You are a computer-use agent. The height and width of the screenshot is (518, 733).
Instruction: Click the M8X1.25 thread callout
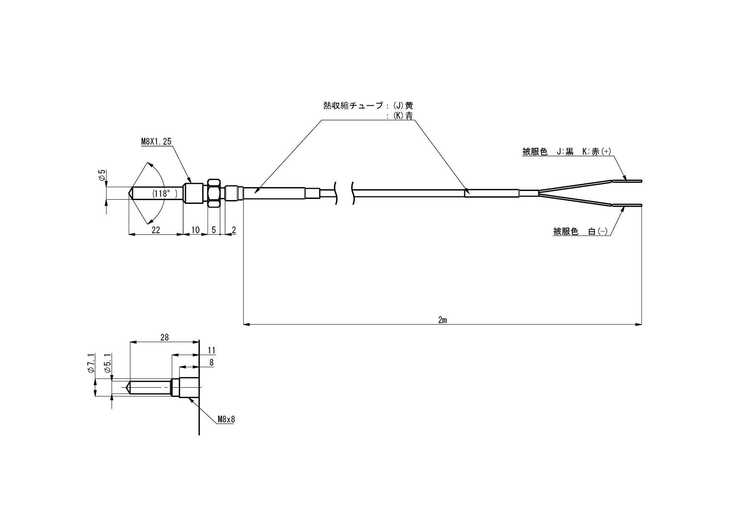[156, 142]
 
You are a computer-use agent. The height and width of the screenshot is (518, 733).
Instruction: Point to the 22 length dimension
[156, 230]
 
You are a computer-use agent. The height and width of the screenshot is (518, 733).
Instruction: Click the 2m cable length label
[443, 320]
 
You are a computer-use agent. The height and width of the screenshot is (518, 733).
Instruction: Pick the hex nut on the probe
[214, 193]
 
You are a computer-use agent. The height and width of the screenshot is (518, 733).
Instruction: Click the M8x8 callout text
[226, 419]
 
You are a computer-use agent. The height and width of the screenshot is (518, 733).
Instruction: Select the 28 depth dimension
[165, 338]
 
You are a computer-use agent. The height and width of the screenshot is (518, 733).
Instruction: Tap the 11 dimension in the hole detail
[211, 350]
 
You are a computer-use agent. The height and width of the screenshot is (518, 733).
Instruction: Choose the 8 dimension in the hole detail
[211, 363]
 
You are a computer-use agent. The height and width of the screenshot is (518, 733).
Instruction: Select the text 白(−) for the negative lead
[598, 231]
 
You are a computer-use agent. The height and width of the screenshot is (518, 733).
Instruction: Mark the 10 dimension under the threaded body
[195, 230]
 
